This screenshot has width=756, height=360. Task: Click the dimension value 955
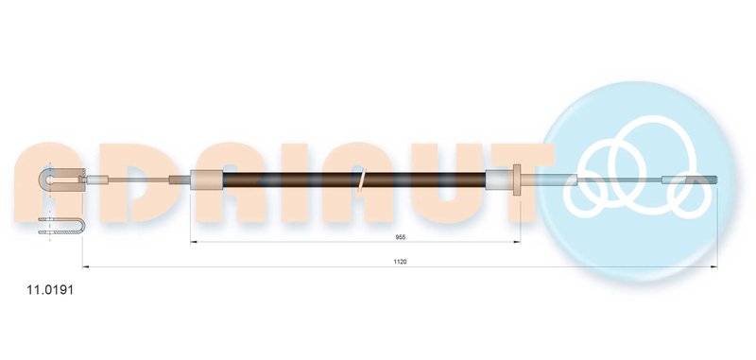(400, 237)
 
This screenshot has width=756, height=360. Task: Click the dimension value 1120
(400, 262)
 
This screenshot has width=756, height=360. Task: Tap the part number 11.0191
(50, 290)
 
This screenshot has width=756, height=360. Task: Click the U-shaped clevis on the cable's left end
(61, 180)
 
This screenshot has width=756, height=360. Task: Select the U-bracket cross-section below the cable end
(61, 226)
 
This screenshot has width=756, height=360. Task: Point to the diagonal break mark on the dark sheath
(362, 182)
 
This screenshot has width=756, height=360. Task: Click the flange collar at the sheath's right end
(517, 180)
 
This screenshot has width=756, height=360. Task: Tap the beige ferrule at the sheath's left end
(206, 180)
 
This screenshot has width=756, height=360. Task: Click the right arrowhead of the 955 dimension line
(517, 242)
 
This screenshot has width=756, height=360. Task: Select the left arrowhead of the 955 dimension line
(195, 242)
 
